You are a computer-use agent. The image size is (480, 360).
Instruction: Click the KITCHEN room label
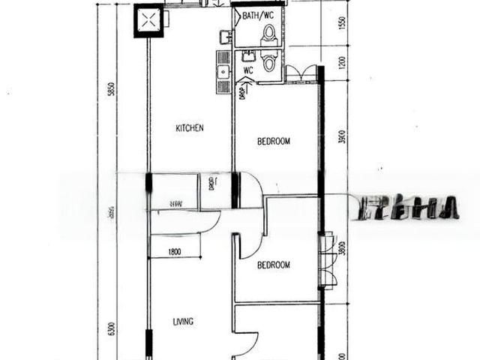[x=190, y=128]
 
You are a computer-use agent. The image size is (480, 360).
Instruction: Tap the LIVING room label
[x=183, y=322]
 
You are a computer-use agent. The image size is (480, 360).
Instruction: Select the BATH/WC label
[x=258, y=14]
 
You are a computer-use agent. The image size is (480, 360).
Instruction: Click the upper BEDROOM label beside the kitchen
[x=274, y=141]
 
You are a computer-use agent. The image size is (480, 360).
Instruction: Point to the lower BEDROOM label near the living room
[x=274, y=265]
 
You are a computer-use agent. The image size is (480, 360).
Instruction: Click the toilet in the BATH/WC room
[x=269, y=34]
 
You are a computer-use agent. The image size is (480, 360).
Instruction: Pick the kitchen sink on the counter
[x=222, y=72]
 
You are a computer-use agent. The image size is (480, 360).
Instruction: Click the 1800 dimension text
[x=174, y=252]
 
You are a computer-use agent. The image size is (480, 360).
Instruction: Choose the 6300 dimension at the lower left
[x=111, y=328]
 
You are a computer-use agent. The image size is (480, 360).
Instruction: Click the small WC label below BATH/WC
[x=247, y=71]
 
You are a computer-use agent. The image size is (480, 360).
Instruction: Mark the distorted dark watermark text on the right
[x=409, y=208]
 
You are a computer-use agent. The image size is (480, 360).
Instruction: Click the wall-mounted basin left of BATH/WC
[x=224, y=35]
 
